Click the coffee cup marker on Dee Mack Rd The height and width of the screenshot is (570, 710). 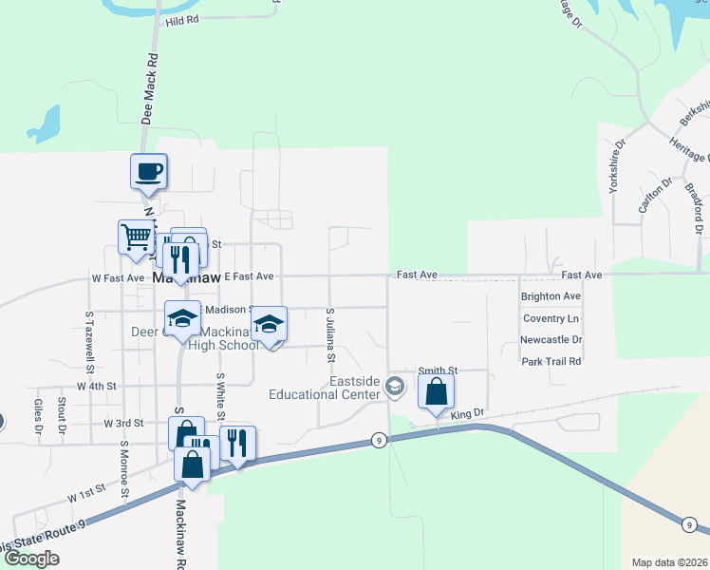coord(149,172)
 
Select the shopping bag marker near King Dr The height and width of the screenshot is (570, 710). coord(436,390)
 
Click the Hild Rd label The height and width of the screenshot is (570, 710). coord(182,20)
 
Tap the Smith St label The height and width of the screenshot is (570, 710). coord(439,370)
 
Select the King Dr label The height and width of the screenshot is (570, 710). coord(467,414)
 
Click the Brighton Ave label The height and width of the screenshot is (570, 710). coord(551,296)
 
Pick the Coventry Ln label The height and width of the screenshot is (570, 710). coord(551,318)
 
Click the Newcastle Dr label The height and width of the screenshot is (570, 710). coord(551,339)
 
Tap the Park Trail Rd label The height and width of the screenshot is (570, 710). coord(551,361)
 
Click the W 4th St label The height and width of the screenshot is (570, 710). coord(97,387)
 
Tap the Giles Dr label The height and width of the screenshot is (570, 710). coord(39,415)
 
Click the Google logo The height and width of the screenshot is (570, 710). coord(31,559)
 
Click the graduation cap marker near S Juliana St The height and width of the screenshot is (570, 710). coord(270,326)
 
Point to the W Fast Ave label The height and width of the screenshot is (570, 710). coord(118,278)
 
